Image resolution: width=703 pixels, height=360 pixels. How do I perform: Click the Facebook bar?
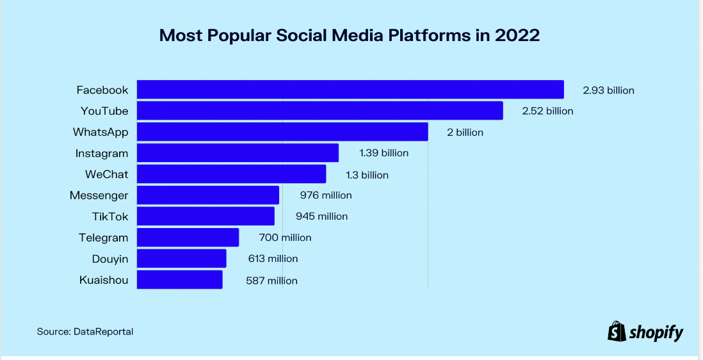(x=350, y=90)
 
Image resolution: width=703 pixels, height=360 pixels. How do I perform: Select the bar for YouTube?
(x=319, y=111)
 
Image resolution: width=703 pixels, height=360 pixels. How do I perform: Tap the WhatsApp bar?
(x=282, y=132)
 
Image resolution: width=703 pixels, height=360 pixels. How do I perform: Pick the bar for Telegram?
(x=188, y=238)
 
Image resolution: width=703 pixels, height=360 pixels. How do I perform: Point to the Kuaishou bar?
(x=179, y=280)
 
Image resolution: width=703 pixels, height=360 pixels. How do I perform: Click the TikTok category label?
(x=110, y=217)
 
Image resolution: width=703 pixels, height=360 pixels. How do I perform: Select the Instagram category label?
(x=102, y=153)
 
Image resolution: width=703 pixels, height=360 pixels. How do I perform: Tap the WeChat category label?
(x=106, y=174)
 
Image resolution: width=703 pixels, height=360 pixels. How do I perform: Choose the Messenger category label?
(x=99, y=195)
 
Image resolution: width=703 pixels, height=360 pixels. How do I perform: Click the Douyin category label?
(x=109, y=259)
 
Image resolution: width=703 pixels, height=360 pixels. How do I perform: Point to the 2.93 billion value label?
(x=608, y=90)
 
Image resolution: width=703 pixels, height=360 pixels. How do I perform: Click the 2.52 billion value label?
(x=547, y=111)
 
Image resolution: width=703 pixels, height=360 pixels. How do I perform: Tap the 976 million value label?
(x=326, y=195)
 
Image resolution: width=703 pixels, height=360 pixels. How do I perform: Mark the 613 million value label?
(x=273, y=259)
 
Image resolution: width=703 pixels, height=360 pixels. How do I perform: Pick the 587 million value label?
(x=271, y=281)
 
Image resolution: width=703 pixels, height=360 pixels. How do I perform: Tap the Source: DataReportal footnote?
(x=85, y=331)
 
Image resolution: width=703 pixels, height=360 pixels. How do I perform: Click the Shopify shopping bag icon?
(x=616, y=331)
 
